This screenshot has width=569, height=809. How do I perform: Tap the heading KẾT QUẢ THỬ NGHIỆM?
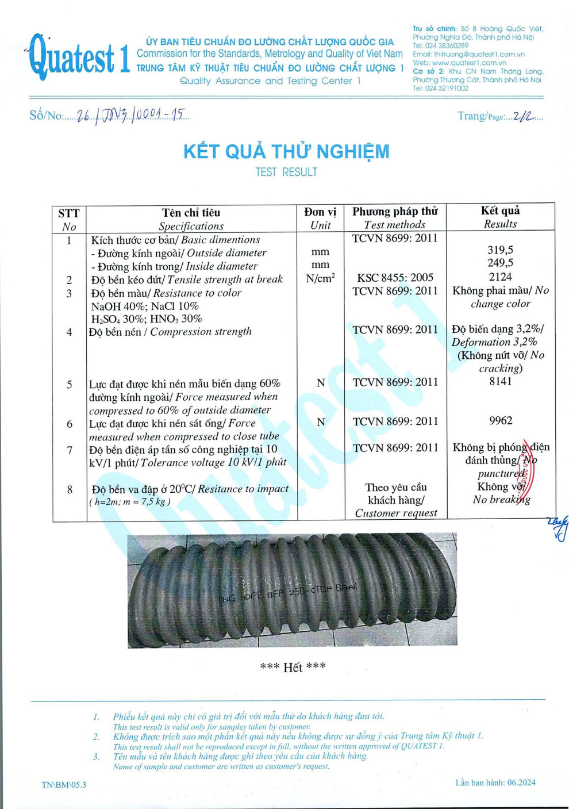pyautogui.click(x=286, y=152)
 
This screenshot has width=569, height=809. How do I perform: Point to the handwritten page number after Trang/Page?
pyautogui.click(x=522, y=116)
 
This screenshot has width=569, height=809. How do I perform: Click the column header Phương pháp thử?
pyautogui.click(x=395, y=212)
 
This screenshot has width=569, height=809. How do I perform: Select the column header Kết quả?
pyautogui.click(x=500, y=210)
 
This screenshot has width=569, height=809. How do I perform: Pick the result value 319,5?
pyautogui.click(x=500, y=250)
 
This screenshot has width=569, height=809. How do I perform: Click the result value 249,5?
pyautogui.click(x=500, y=263)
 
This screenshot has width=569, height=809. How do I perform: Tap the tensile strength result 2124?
pyautogui.click(x=500, y=277)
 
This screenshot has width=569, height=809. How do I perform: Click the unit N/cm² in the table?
pyautogui.click(x=320, y=278)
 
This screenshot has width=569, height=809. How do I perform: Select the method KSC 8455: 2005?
pyautogui.click(x=395, y=278)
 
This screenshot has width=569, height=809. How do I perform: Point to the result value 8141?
pyautogui.click(x=500, y=381)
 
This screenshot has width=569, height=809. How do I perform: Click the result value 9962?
pyautogui.click(x=500, y=421)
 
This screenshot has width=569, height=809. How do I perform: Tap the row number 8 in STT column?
pyautogui.click(x=70, y=489)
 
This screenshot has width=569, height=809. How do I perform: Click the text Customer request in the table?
pyautogui.click(x=395, y=513)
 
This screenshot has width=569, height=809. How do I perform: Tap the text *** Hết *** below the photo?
pyautogui.click(x=293, y=667)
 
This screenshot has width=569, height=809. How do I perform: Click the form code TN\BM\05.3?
pyautogui.click(x=64, y=784)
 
